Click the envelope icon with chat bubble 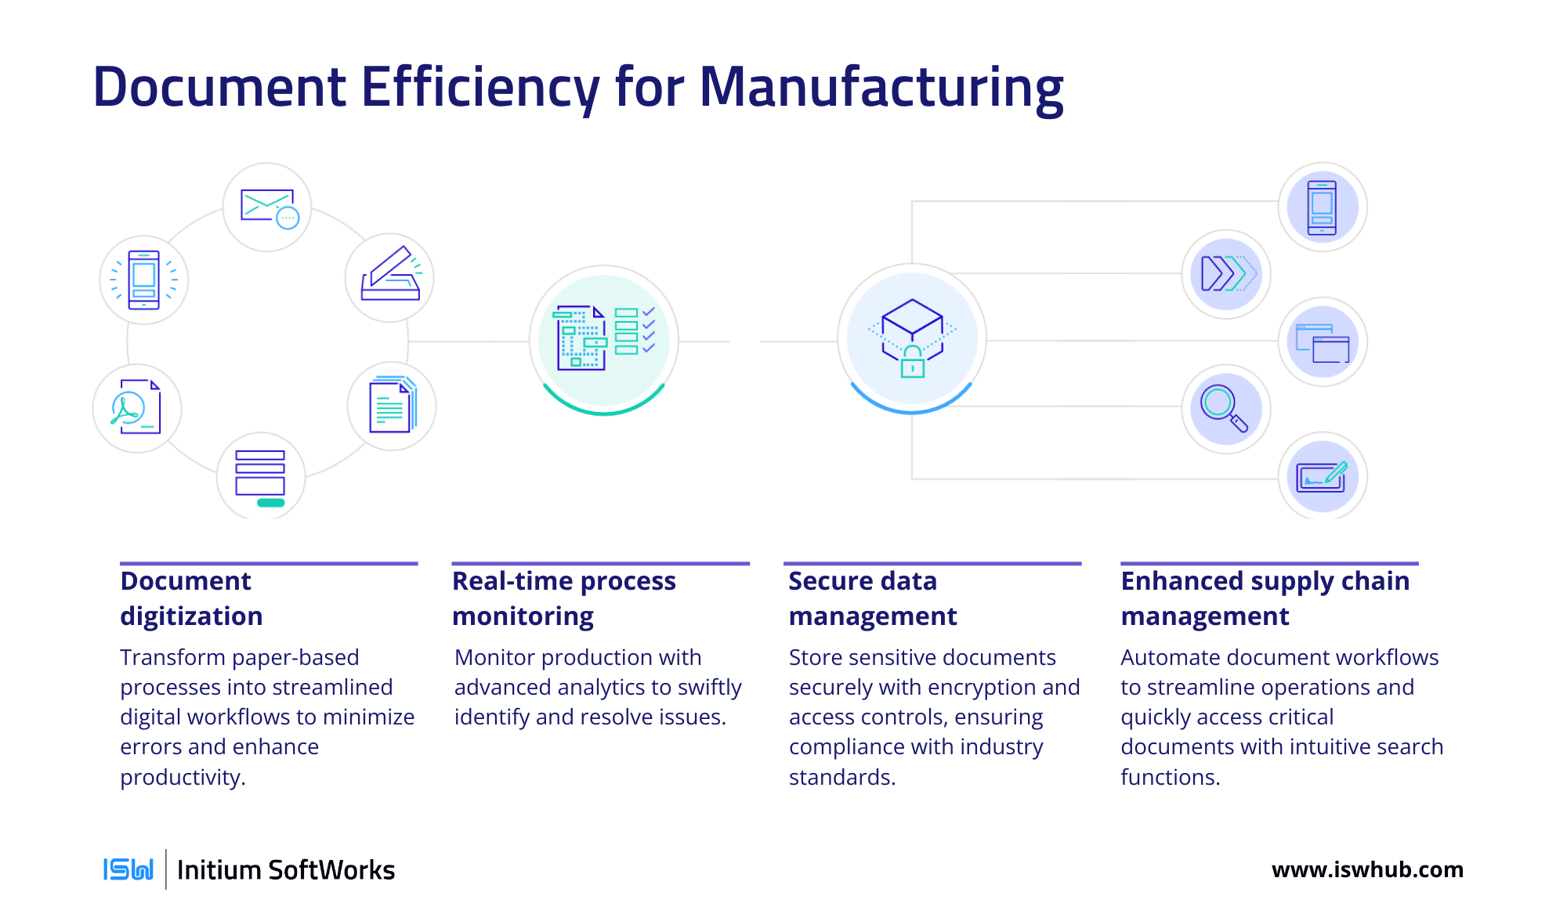pos(269,208)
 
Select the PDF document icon pos(136,406)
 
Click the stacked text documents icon pos(393,404)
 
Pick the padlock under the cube pos(913,362)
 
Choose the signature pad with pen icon pos(1323,475)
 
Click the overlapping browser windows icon pos(1323,343)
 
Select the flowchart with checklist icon pos(604,338)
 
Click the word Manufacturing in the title pos(881,87)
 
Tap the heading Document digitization pos(191,598)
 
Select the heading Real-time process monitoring pos(564,598)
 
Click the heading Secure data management pos(873,598)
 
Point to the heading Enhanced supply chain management pos(1265,598)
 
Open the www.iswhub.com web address pos(1367,869)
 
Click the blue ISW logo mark pos(128,869)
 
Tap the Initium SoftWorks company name pos(286,870)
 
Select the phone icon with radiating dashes pos(144,280)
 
